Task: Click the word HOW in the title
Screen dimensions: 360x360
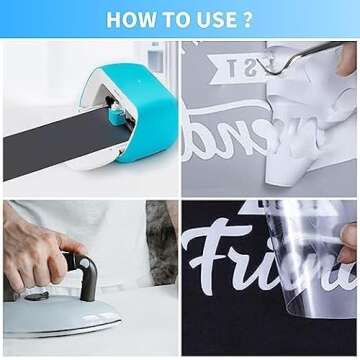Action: pos(128,19)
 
